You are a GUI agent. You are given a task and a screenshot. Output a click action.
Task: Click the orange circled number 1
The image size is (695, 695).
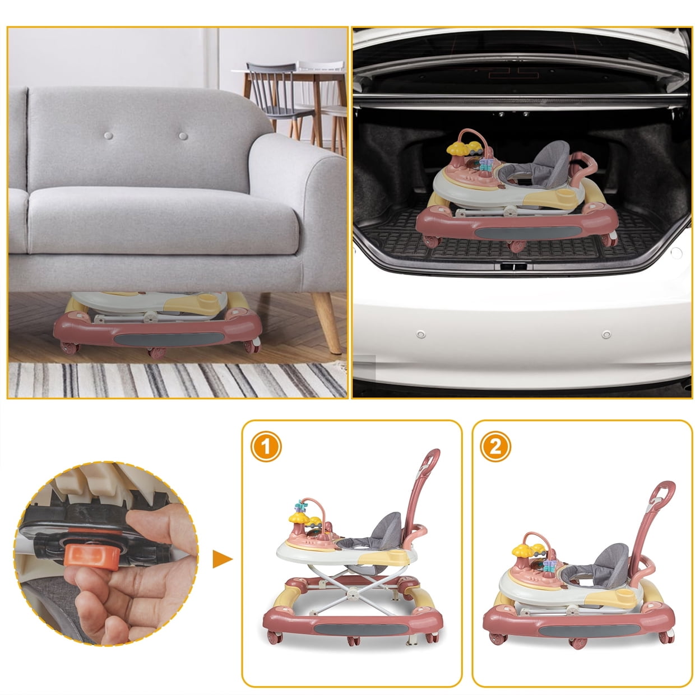click(x=266, y=447)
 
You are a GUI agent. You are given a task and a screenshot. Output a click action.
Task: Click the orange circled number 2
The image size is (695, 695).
click(x=495, y=447)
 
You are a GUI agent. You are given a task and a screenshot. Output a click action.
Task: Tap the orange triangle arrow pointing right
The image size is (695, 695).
click(x=222, y=559)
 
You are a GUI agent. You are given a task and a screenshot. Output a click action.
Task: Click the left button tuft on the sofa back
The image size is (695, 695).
click(x=108, y=136)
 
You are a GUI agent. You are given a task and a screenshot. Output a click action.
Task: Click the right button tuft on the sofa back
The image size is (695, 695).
click(x=183, y=136)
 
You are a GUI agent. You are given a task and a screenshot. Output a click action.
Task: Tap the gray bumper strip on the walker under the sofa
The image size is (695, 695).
click(x=169, y=340)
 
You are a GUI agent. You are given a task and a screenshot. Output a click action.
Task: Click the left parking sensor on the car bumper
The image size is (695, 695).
click(x=420, y=334)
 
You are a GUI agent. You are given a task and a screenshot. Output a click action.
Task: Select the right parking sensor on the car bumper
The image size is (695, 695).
click(x=606, y=334)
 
